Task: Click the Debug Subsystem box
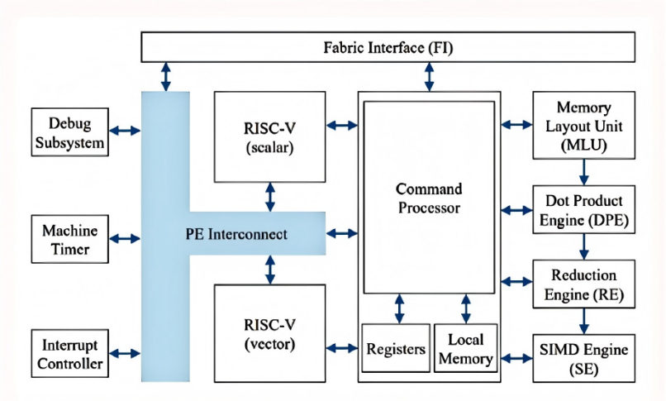pos(69,132)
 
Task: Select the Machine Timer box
pos(69,239)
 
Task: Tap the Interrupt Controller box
pos(69,353)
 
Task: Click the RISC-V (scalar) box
pos(269,136)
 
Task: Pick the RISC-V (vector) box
pos(269,333)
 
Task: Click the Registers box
pos(396,348)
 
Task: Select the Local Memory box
pos(465,348)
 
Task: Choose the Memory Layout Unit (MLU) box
pos(584,126)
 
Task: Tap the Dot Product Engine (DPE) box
pos(584,209)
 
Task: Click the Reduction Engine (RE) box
pos(584,284)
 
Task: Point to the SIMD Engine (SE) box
pos(584,359)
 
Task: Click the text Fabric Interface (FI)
pos(388,47)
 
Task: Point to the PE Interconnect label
pos(236,234)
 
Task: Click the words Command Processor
pos(429,198)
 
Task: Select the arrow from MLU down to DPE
pos(584,172)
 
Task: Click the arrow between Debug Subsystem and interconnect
pos(125,131)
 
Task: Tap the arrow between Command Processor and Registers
pos(399,309)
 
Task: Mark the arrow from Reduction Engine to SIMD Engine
pos(584,321)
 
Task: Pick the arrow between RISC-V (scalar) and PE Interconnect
pos(269,197)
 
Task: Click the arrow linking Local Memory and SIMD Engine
pos(516,358)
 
